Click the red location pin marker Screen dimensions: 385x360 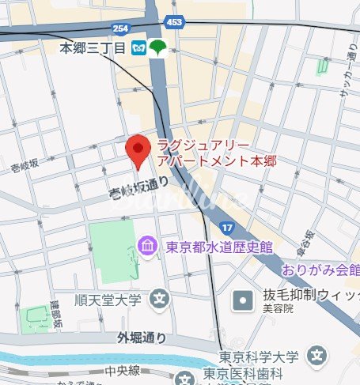pyautogui.click(x=138, y=149)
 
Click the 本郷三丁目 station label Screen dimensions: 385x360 pyautogui.click(x=93, y=48)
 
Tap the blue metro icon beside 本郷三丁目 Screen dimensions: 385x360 pyautogui.click(x=139, y=48)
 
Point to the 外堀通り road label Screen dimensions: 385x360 pyautogui.click(x=142, y=338)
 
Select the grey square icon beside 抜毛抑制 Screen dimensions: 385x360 pyautogui.click(x=242, y=300)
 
